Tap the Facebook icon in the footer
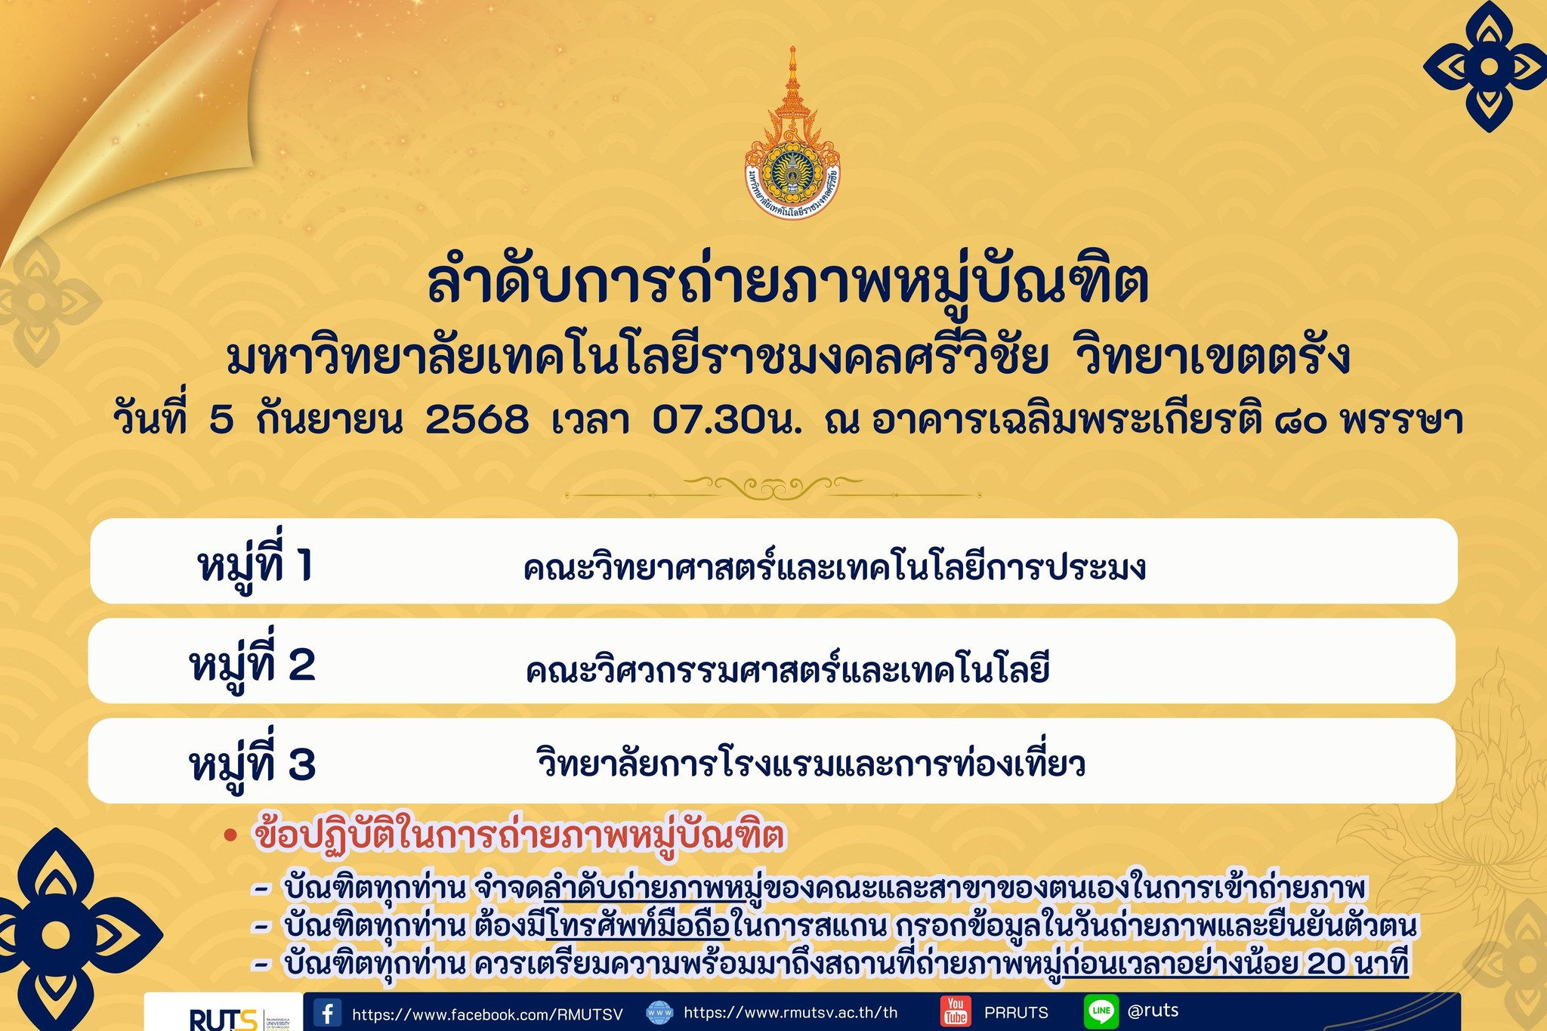[x=327, y=1013]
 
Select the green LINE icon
[x=1101, y=1011]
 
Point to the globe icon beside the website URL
[x=659, y=1013]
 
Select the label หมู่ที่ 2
[x=252, y=664]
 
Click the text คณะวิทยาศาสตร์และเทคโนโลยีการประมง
[x=834, y=566]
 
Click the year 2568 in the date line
[x=477, y=419]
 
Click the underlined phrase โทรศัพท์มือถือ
[x=637, y=925]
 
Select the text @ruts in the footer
[x=1153, y=1010]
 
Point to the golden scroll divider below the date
[x=772, y=488]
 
